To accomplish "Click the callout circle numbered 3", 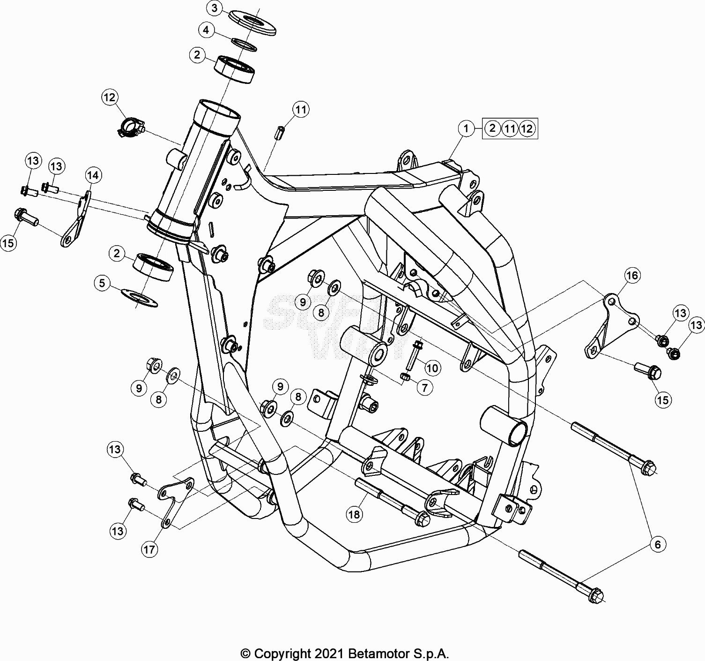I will coord(215,8).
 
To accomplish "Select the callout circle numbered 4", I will coord(206,30).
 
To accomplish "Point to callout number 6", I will coord(657,544).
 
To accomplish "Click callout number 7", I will coord(425,388).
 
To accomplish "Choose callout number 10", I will coord(432,368).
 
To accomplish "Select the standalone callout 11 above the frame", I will coord(301,110).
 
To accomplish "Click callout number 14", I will coord(93,175).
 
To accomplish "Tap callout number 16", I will coord(632,275).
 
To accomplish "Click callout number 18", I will coord(355,515).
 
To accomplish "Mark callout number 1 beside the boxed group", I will coord(466,128).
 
